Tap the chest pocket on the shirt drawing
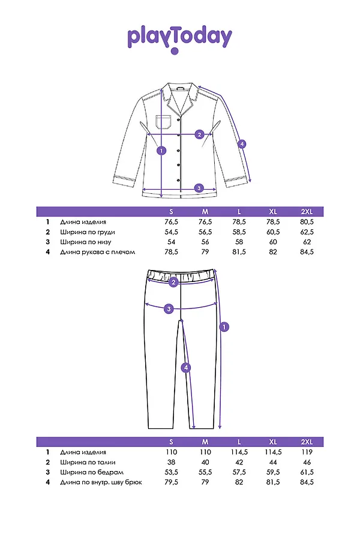163,122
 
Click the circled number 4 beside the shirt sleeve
242,143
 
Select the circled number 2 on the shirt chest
199,134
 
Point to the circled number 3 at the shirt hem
199,188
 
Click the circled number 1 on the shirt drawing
161,150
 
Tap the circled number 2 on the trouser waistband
173,282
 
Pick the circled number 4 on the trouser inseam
185,368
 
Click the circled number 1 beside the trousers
224,326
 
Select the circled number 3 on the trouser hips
169,308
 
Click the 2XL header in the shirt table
307,211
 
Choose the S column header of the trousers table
171,442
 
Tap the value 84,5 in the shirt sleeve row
307,252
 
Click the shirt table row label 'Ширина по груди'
88,232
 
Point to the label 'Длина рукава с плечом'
97,252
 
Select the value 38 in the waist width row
171,462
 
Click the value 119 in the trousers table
307,452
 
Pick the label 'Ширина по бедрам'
92,472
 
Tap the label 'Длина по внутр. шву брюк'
101,482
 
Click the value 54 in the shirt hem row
171,242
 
